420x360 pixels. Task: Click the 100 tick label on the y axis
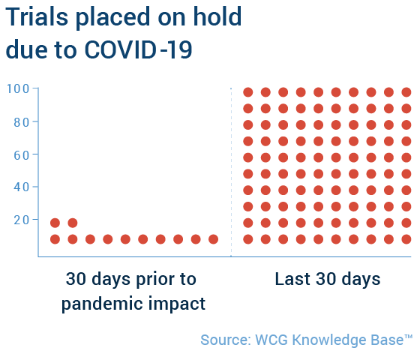pos(18,88)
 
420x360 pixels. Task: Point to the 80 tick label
pos(22,122)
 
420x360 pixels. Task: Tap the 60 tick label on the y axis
pos(22,155)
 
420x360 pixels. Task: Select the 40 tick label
pos(22,187)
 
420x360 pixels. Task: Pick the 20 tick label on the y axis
pos(22,220)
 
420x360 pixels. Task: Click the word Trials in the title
pos(37,16)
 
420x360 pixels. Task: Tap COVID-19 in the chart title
pos(139,49)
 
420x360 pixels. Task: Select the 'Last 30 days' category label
pos(328,279)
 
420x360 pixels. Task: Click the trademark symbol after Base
pos(408,337)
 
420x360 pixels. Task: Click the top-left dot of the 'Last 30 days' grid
pos(248,92)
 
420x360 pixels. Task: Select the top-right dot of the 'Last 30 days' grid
pos(406,92)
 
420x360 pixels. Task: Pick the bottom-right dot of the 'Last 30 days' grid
pos(406,239)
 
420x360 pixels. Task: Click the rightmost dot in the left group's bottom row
pos(213,239)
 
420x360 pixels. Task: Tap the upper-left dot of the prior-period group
pos(55,223)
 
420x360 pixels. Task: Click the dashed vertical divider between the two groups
pos(231,172)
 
